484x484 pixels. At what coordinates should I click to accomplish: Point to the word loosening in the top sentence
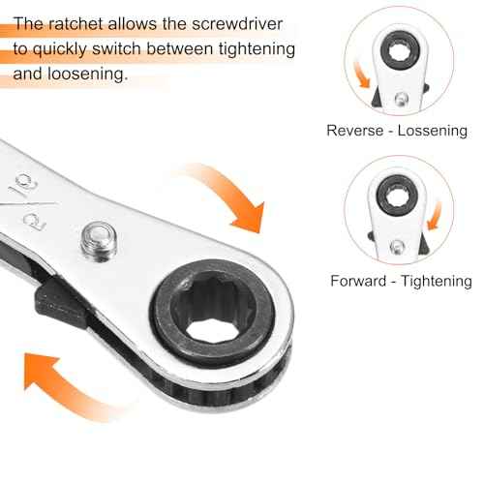(92, 74)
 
